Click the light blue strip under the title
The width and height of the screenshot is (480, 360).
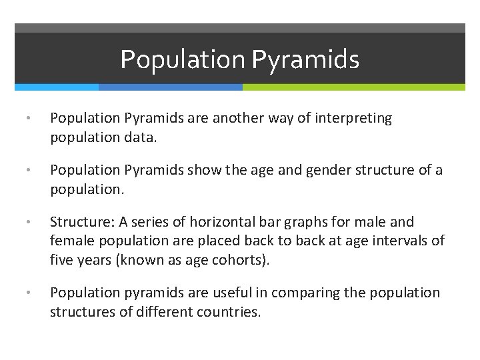[57, 87]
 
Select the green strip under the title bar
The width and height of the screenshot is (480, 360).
[353, 87]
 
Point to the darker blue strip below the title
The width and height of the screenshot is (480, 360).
[170, 87]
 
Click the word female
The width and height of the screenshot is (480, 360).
[70, 241]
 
